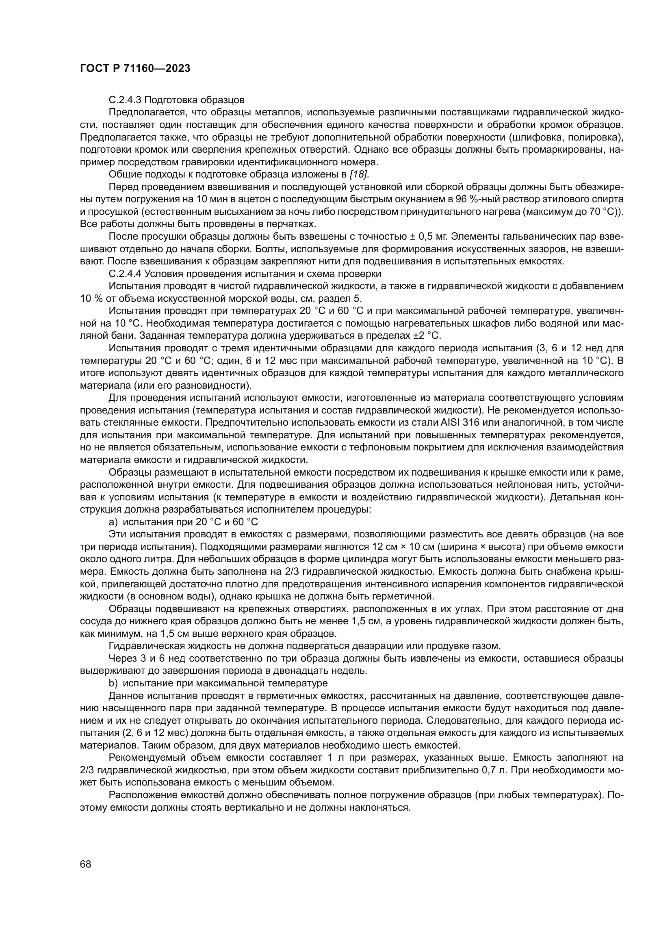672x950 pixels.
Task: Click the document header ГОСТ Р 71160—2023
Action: point(135,68)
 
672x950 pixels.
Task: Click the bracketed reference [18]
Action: point(359,174)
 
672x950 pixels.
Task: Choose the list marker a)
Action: point(113,522)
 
